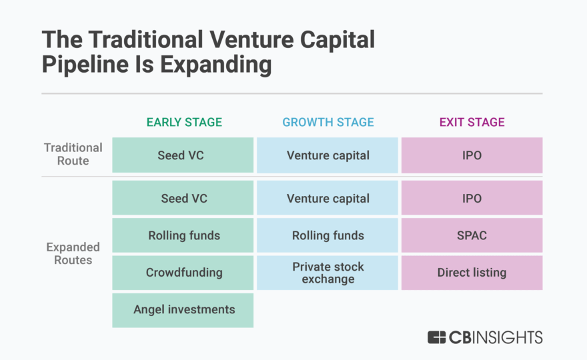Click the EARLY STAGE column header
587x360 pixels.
pos(184,123)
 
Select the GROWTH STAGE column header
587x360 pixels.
pos(328,123)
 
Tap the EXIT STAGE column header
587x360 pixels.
pos(472,123)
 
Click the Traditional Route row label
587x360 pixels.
pos(73,155)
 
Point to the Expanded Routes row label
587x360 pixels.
pos(73,253)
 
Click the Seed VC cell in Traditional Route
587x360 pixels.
pos(183,155)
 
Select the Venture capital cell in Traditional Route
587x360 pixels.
pos(328,155)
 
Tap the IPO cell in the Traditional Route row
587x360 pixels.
pos(472,155)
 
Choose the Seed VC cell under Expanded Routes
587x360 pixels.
pos(183,198)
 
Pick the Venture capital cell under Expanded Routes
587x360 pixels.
pos(328,198)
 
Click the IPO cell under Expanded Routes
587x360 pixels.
pos(472,198)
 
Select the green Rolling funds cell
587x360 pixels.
pos(183,235)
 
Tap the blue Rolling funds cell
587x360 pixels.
pos(328,235)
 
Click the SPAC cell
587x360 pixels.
pos(472,235)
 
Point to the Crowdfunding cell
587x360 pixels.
pos(183,273)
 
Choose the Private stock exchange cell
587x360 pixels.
pos(328,273)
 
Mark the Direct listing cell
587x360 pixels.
pos(472,273)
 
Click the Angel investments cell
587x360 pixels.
pos(183,310)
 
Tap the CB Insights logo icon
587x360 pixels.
pos(437,337)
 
